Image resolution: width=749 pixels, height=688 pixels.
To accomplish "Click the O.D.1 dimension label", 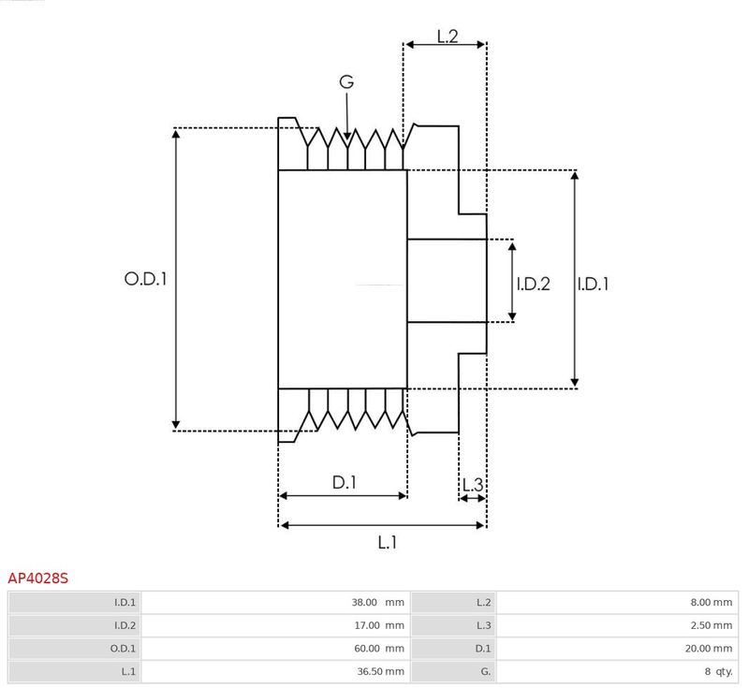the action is pos(146,279).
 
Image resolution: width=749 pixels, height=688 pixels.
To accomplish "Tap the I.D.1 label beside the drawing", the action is pos(593,284).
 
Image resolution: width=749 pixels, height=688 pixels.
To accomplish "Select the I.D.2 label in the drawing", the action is pos(533,284).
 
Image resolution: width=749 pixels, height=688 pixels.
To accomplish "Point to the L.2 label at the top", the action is pos(448,37).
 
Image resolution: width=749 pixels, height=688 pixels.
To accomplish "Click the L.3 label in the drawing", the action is pos(473,485).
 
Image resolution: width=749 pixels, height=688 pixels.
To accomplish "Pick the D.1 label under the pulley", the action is pos(345,483).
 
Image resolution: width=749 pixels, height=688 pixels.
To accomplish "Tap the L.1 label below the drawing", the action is pos(388,542).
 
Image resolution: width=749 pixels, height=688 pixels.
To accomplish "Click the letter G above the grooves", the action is pos(346,81).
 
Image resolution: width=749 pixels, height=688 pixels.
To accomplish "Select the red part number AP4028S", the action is pos(37,578).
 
